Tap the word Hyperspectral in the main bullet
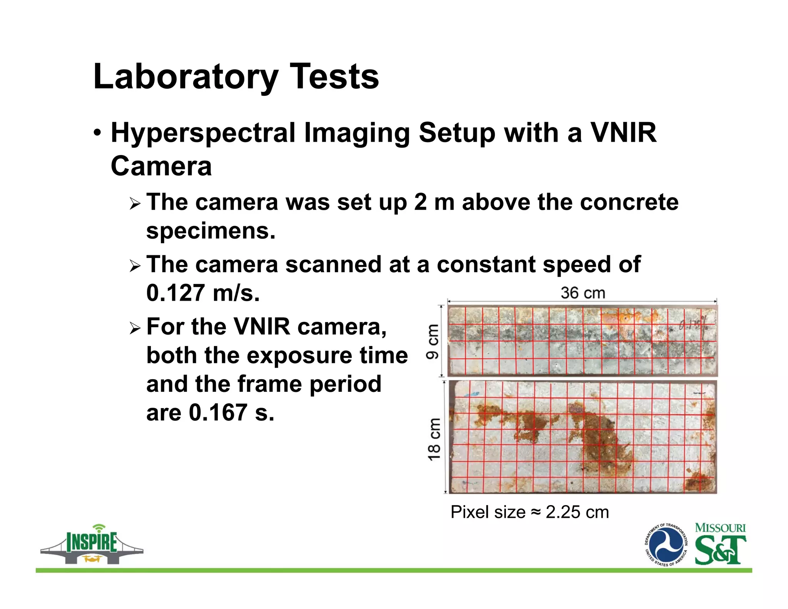[203, 133]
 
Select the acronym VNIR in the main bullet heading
[623, 133]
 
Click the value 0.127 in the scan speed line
[175, 293]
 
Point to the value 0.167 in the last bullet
[218, 413]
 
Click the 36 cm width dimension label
[583, 293]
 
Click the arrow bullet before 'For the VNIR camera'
[135, 328]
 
